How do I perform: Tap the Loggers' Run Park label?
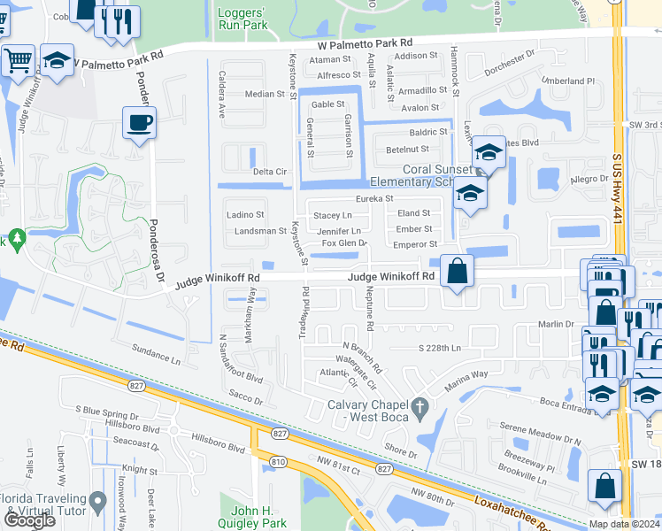coord(242,19)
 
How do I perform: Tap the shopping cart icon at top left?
coord(17,61)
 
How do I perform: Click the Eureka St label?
coord(374,199)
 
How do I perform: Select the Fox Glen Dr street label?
coord(343,243)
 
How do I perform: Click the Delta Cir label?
coord(271,172)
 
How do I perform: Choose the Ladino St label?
coord(246,215)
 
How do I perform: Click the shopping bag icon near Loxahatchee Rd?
coord(604,487)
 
